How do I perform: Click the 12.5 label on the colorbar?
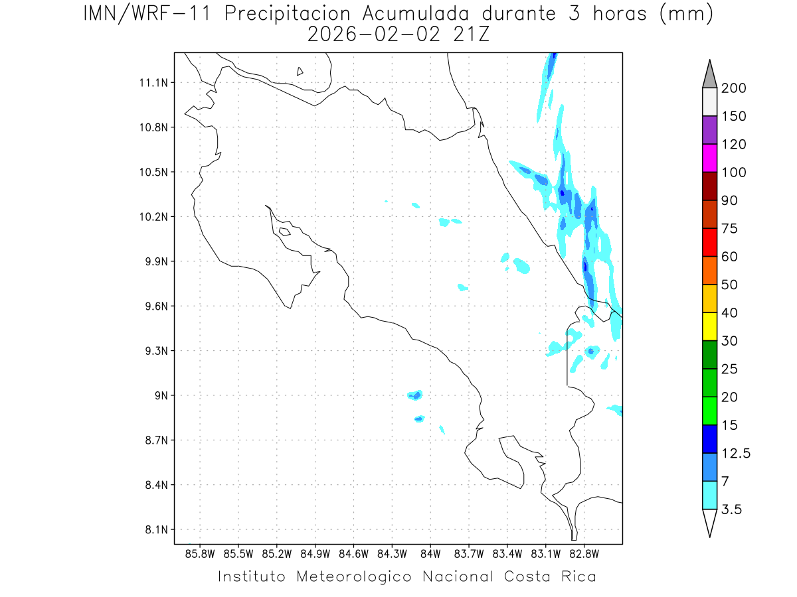tap(736, 453)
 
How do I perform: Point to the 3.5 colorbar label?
tap(732, 509)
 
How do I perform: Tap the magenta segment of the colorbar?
tap(709, 158)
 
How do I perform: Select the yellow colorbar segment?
tap(709, 326)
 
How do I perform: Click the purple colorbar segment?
tap(709, 130)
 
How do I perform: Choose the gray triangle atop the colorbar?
tap(709, 74)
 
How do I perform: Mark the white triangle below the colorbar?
tap(709, 522)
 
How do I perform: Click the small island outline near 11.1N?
tap(300, 71)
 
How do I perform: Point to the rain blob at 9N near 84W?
tap(415, 395)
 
